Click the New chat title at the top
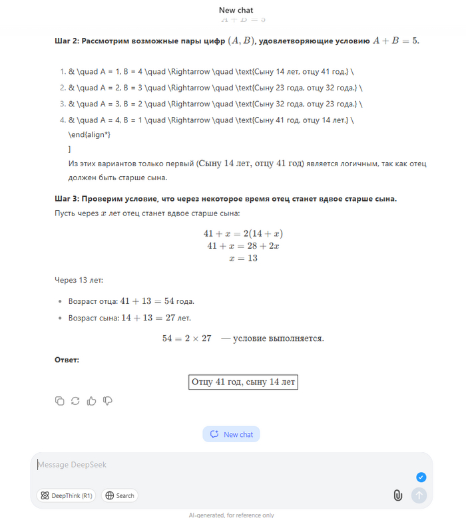tap(236, 10)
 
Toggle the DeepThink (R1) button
tap(67, 495)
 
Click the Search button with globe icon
tap(120, 495)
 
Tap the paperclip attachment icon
tap(397, 495)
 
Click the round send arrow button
tap(419, 495)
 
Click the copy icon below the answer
tap(60, 400)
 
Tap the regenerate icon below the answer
tap(75, 400)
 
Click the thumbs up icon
tap(91, 400)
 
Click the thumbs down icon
tap(107, 400)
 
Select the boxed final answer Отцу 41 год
tap(243, 382)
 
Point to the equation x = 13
tap(243, 258)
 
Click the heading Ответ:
tap(67, 360)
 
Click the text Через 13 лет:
tap(79, 280)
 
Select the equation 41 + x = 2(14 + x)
tap(243, 234)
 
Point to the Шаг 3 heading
tap(226, 199)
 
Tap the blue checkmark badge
tap(421, 477)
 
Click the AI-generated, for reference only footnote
tap(230, 515)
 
